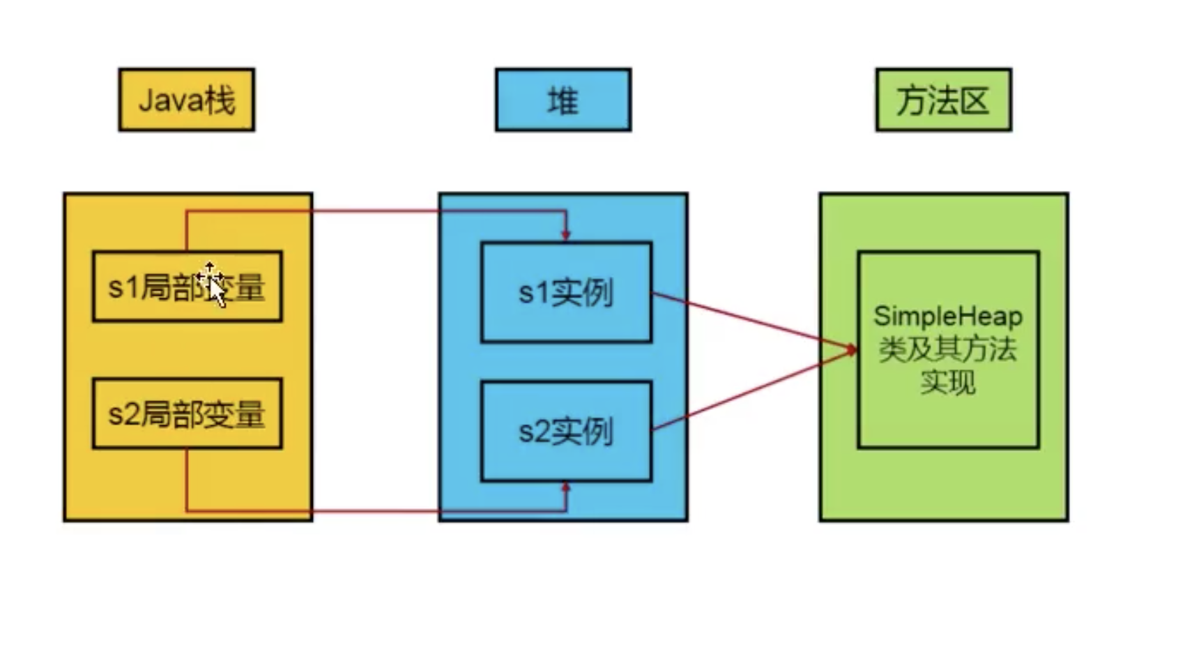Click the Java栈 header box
(x=186, y=100)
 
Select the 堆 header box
(x=563, y=100)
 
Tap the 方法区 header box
(x=943, y=100)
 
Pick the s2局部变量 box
(x=187, y=414)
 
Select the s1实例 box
(x=566, y=292)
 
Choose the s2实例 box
(x=566, y=431)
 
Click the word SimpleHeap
(x=947, y=317)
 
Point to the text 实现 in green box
(x=947, y=382)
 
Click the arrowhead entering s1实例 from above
(x=566, y=235)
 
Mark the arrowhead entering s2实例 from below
(x=566, y=488)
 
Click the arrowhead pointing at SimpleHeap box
(x=851, y=349)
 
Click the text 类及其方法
(x=947, y=349)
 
